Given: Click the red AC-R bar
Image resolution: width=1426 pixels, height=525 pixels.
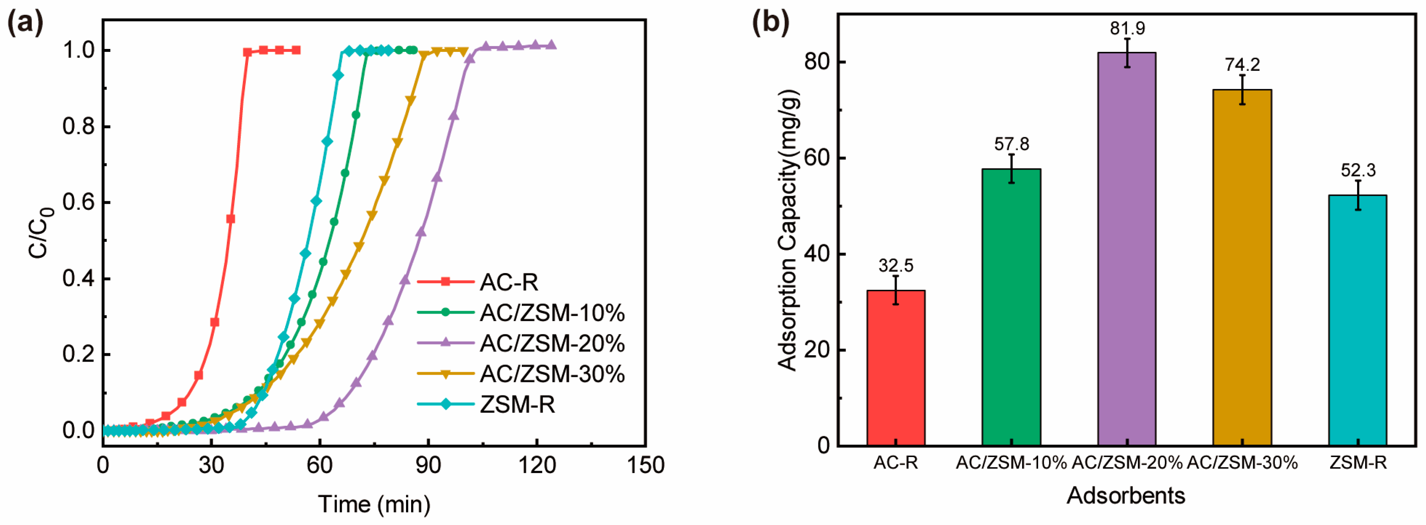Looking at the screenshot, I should tap(895, 368).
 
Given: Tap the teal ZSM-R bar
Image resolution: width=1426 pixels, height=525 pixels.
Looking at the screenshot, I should tap(1358, 320).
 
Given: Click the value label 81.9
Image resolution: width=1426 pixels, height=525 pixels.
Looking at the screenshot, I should tap(1127, 28).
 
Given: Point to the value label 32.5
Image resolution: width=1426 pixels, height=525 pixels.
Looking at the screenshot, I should tap(895, 265).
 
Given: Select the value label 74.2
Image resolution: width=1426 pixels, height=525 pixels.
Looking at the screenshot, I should tap(1242, 65).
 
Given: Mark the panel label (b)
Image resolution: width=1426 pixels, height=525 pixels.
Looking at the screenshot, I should tap(770, 23).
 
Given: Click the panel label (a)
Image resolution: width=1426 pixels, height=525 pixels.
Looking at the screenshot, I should tap(25, 23).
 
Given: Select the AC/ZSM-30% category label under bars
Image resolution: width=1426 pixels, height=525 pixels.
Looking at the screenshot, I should tap(1242, 463).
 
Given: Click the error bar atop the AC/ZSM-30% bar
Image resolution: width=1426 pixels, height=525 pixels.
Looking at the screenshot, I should tap(1242, 89).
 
